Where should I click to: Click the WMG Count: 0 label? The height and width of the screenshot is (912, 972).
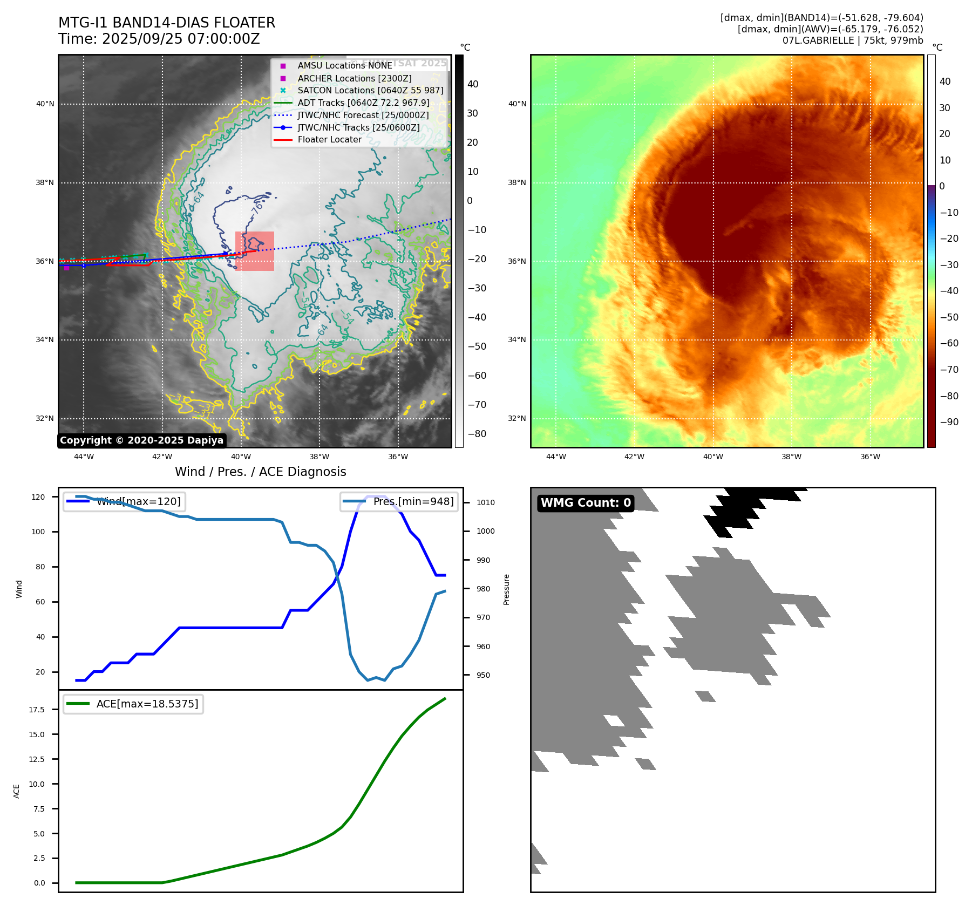(586, 503)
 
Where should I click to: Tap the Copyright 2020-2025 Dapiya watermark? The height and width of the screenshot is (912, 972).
(141, 440)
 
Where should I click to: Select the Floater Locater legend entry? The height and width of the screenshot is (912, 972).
(329, 140)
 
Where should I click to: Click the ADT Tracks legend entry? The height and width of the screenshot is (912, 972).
(363, 103)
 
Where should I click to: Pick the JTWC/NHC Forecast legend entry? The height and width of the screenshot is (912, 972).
(363, 115)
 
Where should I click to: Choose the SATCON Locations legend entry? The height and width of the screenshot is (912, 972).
(370, 90)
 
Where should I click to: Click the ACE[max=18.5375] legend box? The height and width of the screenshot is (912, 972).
(133, 704)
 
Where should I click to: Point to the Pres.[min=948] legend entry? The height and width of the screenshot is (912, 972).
(399, 502)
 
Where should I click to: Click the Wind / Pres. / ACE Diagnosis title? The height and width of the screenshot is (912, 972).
(261, 472)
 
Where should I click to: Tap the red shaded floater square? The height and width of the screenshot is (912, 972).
(255, 251)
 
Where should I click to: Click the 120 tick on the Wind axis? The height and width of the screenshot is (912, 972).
(38, 497)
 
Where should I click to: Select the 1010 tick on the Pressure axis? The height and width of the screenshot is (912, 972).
(485, 502)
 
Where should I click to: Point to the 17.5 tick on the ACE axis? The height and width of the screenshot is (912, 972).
(37, 710)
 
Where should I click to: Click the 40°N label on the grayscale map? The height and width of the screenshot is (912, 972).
(45, 104)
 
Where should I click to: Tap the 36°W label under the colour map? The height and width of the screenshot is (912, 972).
(870, 457)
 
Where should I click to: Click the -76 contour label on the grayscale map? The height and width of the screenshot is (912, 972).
(257, 207)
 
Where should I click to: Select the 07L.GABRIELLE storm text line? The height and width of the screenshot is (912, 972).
(853, 40)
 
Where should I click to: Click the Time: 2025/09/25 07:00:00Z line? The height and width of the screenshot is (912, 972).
(159, 39)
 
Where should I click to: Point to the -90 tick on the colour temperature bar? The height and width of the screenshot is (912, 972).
(949, 422)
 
